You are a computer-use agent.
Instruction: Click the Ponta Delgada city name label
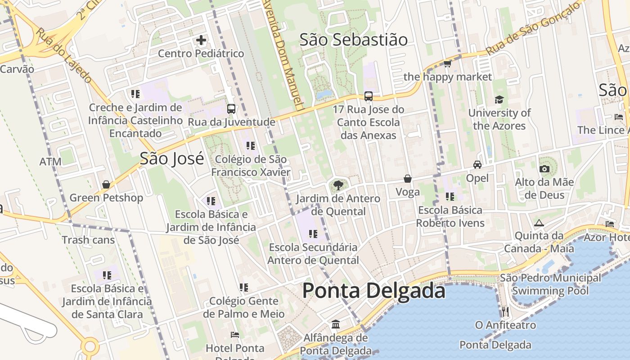coord(373,290)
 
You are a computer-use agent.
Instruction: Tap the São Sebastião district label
coord(354,40)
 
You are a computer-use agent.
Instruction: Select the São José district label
coord(172,158)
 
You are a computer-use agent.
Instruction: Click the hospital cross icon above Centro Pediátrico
coord(201,40)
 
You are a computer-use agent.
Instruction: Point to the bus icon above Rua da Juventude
coord(231,109)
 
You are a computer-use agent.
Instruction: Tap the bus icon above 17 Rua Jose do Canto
coord(369,96)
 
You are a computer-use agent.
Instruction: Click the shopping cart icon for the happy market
coord(448,63)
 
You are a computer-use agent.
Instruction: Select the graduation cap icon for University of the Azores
coord(499,99)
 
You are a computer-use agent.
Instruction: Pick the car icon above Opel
coord(477,165)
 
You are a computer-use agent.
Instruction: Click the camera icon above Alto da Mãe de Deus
coord(544,169)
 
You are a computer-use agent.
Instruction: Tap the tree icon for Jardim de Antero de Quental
coord(338,185)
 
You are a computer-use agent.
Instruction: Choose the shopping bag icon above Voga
coord(408,179)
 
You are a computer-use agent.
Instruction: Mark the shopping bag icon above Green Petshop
coord(106,184)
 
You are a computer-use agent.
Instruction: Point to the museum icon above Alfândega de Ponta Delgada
coord(336,324)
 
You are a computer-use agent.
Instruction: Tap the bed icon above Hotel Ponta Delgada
coord(235,335)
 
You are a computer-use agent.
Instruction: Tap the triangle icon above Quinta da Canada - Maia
coord(539,223)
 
